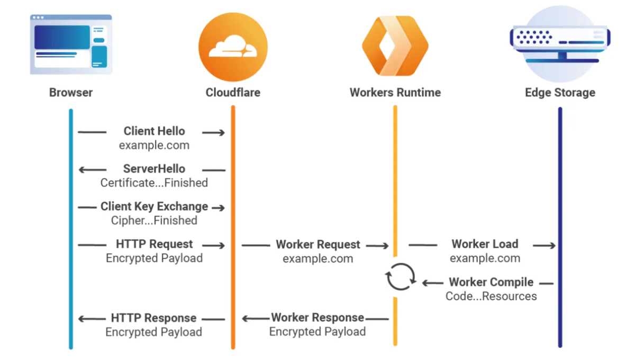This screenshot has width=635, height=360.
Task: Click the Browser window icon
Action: click(71, 44)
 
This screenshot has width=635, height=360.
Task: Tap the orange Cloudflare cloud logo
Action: click(233, 47)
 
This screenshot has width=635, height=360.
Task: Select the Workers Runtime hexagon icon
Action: click(395, 47)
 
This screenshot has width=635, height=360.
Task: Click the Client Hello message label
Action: click(154, 131)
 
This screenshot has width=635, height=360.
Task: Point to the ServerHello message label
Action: click(154, 169)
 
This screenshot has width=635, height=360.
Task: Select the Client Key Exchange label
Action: click(154, 206)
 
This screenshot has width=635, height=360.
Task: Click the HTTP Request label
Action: click(154, 244)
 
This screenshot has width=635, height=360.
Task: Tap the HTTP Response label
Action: click(153, 318)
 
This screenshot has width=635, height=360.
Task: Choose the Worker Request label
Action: click(318, 245)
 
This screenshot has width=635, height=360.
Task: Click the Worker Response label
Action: click(317, 318)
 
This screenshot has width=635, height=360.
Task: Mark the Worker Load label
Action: click(485, 244)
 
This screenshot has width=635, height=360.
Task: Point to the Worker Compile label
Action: click(491, 282)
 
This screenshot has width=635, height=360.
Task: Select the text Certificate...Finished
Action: click(154, 183)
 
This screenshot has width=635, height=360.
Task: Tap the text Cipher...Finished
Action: click(154, 221)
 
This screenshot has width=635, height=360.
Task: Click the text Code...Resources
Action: click(491, 296)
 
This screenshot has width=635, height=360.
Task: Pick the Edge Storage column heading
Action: click(560, 93)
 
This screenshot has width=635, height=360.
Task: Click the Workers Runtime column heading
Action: click(395, 93)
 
